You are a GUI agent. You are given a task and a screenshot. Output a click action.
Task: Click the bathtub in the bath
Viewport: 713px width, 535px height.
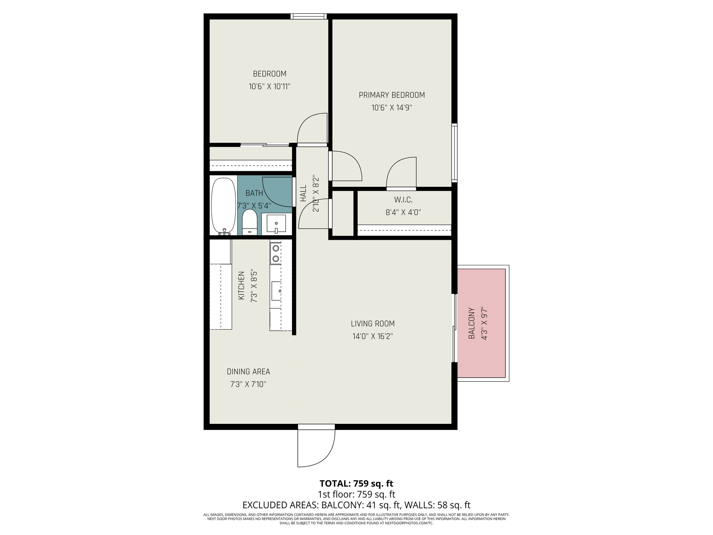224,206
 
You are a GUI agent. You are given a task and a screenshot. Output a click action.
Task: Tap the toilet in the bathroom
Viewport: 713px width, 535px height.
250,222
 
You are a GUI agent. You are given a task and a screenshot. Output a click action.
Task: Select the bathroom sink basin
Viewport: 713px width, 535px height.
276,224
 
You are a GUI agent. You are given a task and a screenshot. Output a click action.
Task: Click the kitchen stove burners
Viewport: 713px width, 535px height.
276,253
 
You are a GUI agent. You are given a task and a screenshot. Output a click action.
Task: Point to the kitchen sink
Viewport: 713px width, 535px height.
276,291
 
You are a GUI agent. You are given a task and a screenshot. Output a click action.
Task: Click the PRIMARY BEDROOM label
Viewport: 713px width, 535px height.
392,95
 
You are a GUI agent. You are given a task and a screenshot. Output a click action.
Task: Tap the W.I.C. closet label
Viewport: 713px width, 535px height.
403,200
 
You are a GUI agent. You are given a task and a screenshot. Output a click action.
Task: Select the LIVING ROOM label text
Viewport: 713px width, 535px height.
373,324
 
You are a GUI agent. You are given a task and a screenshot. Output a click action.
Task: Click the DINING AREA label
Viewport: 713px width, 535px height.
248,372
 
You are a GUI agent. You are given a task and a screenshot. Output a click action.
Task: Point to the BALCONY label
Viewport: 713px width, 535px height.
472,323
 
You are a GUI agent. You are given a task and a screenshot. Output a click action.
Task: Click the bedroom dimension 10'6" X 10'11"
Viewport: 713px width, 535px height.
270,87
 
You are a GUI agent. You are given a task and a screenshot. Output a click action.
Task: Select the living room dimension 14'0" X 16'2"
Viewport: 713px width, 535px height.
373,337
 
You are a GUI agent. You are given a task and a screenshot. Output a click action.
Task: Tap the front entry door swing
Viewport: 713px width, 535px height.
316,448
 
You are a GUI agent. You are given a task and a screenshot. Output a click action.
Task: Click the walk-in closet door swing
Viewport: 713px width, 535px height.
401,173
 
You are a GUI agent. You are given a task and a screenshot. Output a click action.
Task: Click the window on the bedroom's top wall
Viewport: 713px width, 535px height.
309,16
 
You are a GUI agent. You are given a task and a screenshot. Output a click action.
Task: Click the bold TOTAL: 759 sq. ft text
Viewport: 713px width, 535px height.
356,484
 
